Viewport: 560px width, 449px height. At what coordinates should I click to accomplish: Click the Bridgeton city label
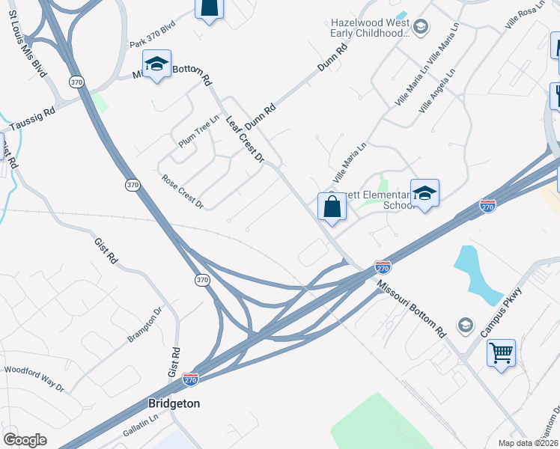coord(174,403)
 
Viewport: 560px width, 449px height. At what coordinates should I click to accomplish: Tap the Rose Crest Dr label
coord(183,191)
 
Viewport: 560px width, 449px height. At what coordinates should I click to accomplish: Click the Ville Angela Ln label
coord(437,93)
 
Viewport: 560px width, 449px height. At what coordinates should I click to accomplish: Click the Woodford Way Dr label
coord(34,379)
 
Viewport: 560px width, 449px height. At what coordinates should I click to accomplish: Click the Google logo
coord(25,440)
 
